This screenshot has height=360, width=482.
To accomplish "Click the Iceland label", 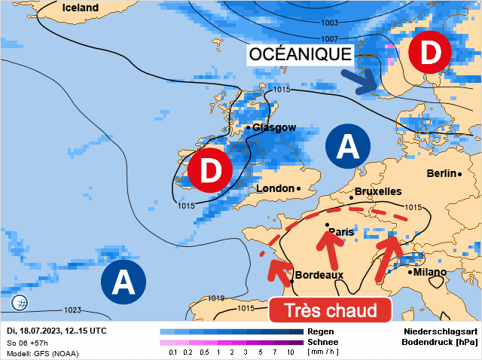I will (81, 8).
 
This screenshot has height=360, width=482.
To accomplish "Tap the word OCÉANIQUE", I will (300, 54).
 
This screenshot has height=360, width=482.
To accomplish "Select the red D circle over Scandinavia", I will (429, 53).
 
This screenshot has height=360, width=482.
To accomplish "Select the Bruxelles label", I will (377, 192).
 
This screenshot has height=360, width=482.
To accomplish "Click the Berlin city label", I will (441, 174).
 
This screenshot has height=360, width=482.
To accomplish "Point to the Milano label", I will (429, 272).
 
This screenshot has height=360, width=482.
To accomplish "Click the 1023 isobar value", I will (72, 310).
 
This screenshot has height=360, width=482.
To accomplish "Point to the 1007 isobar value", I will (330, 39).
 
